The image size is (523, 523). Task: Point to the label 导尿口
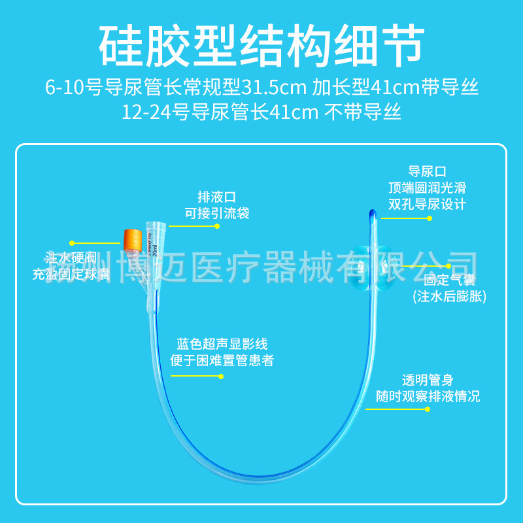point(428,172)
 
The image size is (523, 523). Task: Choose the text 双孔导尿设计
point(428,204)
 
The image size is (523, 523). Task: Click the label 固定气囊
point(449,280)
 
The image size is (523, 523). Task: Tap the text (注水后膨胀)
point(449,297)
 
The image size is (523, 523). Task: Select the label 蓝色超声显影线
point(222,343)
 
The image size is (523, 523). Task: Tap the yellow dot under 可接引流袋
point(217,226)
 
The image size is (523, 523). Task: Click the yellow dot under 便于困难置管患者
point(221,376)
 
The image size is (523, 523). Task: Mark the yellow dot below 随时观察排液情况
point(428,409)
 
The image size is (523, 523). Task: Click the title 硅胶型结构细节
point(261,44)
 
